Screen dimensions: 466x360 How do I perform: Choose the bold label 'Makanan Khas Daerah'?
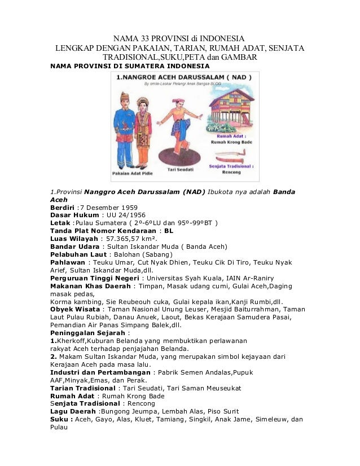(92, 286)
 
